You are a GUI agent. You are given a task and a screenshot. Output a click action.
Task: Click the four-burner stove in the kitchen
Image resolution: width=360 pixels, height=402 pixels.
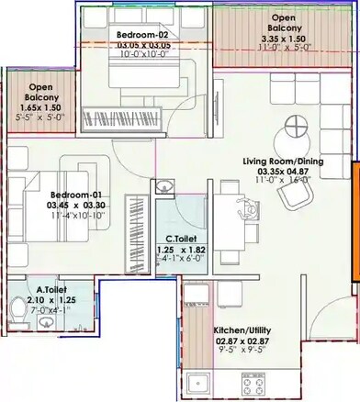[251, 382]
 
